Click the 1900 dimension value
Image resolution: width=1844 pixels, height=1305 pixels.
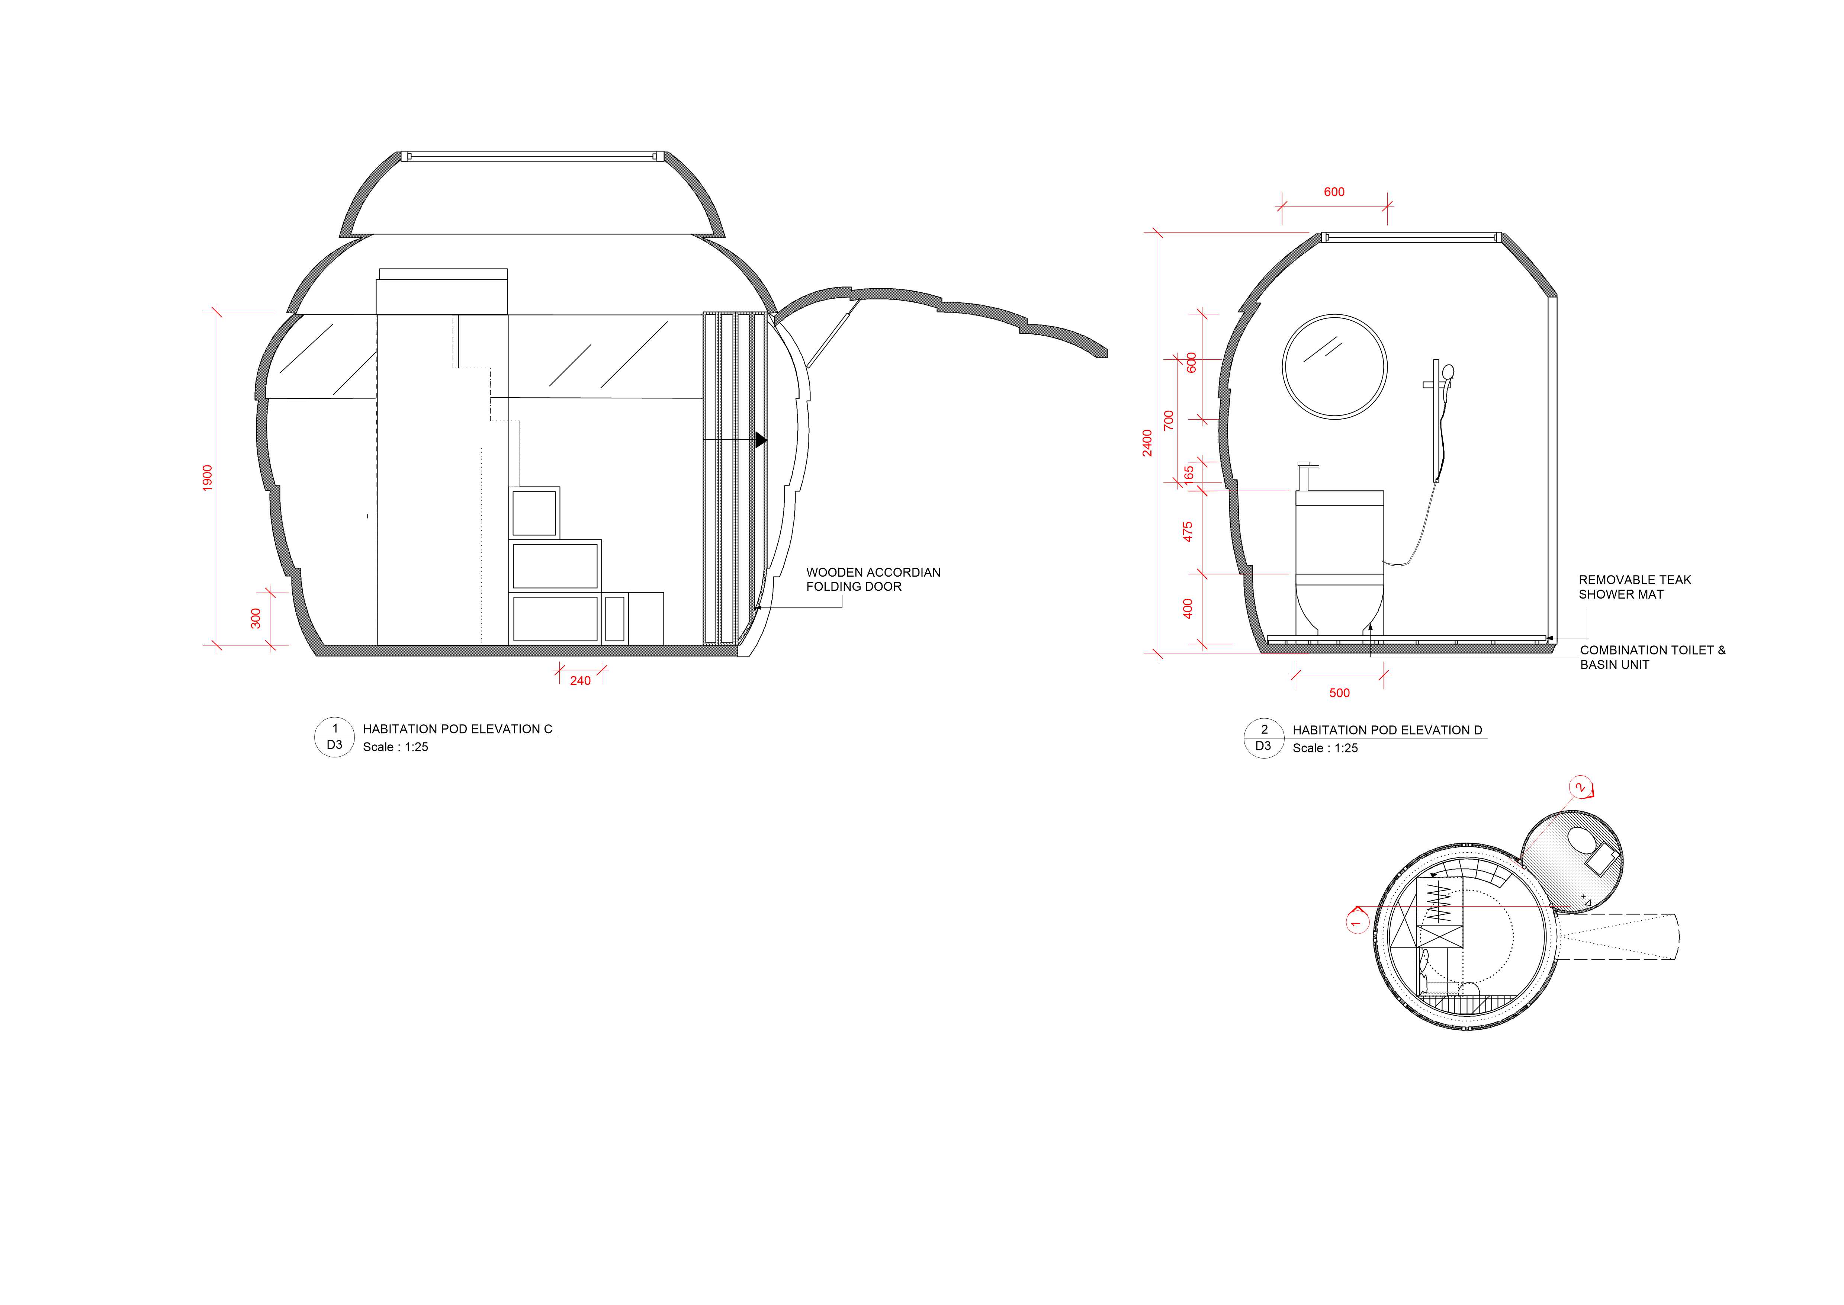click(x=207, y=478)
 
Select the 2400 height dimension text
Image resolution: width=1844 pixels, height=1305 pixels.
click(x=1147, y=443)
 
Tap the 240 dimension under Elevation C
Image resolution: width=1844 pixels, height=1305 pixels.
click(x=580, y=681)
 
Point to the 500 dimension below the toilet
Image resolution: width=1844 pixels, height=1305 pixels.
click(x=1339, y=693)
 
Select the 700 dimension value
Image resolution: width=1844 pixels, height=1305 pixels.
click(x=1169, y=420)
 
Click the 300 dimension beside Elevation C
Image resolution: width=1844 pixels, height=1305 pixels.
click(x=256, y=619)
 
